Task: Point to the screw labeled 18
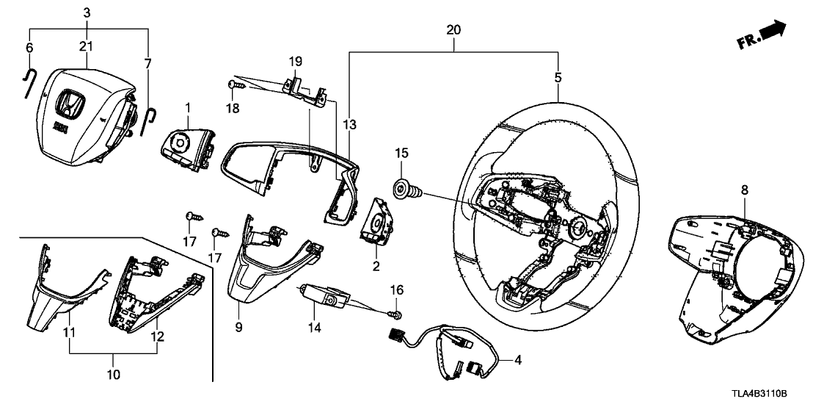click(x=233, y=87)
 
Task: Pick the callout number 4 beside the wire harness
click(x=519, y=360)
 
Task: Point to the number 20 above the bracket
click(x=453, y=30)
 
